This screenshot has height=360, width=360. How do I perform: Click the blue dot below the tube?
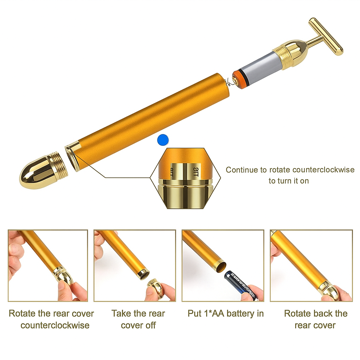[163, 140]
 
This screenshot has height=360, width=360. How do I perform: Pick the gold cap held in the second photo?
[156, 287]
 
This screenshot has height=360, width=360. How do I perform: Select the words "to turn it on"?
[289, 181]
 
